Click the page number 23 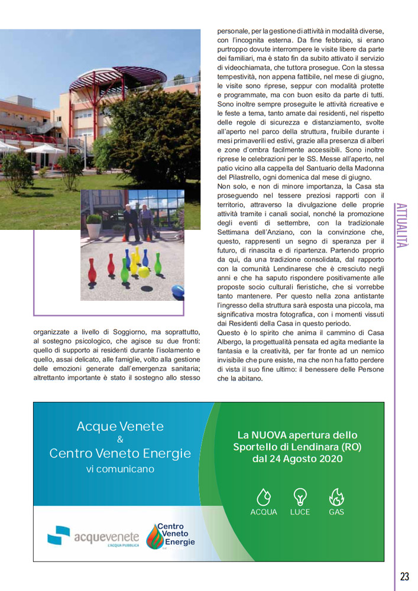pos(404,576)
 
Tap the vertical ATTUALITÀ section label pos(402,225)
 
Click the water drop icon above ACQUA pos(263,496)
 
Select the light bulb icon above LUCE pos(300,496)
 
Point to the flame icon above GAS pos(336,496)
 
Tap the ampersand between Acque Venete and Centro pos(120,440)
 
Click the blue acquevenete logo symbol pos(59,535)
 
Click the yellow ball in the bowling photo pos(143,272)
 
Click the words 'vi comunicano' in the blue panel pos(120,469)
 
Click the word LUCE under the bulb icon pos(300,512)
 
